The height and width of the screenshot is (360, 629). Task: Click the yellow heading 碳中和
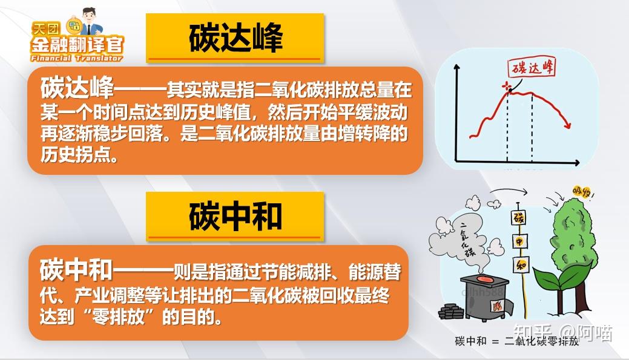click(x=235, y=217)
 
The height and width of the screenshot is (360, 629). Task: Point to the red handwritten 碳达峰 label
click(x=525, y=68)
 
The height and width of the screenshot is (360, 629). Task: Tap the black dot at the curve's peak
click(x=509, y=91)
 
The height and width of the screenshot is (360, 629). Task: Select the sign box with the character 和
click(x=518, y=264)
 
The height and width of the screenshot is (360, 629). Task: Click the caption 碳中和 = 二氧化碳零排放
click(x=516, y=342)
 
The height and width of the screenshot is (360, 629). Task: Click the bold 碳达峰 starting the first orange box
click(x=77, y=88)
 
